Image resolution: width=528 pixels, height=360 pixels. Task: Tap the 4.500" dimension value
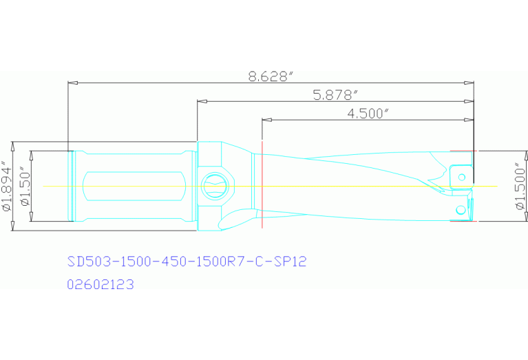(365, 114)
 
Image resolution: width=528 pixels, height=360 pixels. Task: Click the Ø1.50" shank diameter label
(25, 187)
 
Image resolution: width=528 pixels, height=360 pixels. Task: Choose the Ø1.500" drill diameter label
(520, 187)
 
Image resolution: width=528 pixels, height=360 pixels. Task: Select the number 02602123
(100, 284)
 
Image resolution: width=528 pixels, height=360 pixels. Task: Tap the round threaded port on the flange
(214, 185)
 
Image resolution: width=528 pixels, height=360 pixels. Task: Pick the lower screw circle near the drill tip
(460, 209)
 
